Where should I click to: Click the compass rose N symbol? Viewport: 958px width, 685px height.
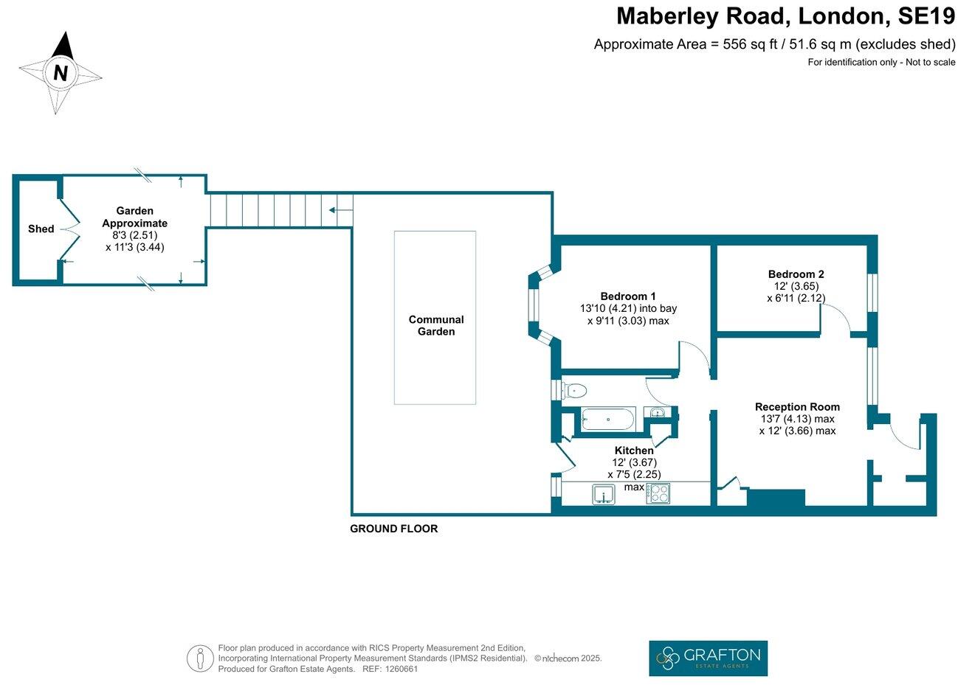(61, 73)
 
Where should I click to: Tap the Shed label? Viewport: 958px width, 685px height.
(41, 229)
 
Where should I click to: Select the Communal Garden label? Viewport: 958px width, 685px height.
(436, 325)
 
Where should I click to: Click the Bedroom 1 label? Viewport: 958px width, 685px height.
(627, 296)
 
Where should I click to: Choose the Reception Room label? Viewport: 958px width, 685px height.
(797, 406)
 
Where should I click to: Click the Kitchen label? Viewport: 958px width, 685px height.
(634, 451)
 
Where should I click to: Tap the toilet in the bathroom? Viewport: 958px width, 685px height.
(574, 390)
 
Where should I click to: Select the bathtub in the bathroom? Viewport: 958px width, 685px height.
(607, 420)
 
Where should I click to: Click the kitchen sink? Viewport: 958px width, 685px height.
(604, 493)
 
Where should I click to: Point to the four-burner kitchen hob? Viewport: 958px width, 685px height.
(658, 493)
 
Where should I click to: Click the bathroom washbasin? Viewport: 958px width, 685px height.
(658, 413)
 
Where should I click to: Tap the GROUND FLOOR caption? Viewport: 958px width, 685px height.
(393, 529)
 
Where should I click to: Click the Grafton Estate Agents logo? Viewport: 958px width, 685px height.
(708, 658)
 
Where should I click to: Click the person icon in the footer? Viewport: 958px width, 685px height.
(199, 658)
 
